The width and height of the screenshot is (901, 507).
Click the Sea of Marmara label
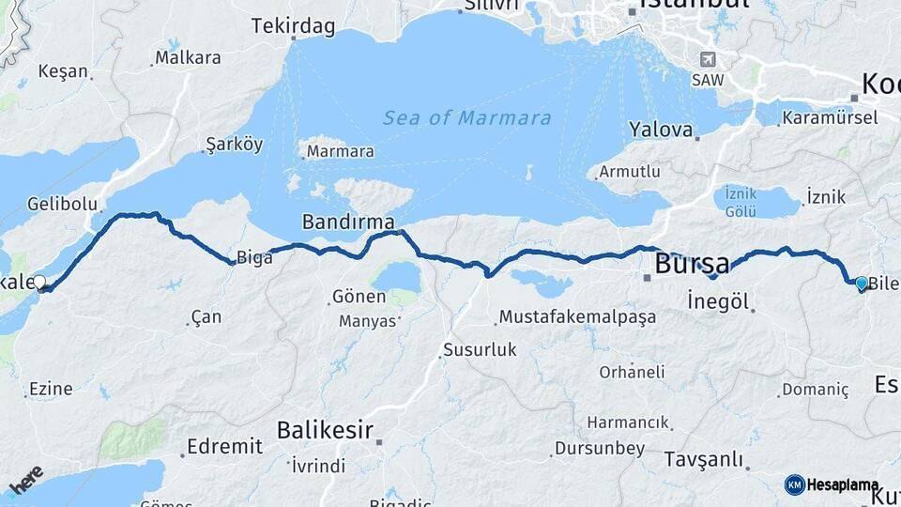coord(466,118)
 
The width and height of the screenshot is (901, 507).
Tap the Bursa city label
coord(692,264)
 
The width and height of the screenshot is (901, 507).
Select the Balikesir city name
coord(325,431)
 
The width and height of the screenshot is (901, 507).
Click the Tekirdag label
coord(293,26)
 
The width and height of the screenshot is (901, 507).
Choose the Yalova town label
coord(661,129)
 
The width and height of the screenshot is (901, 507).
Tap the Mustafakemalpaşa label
coord(577,317)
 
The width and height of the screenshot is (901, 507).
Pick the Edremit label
coord(224,447)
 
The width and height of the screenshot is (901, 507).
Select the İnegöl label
coord(718,302)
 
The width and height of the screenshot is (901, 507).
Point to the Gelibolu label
coord(63,204)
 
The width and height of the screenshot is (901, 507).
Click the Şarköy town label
coord(234,145)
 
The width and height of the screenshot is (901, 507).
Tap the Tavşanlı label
coord(704,459)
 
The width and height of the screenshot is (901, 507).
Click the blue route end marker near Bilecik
coord(862,283)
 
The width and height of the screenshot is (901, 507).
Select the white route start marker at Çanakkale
coord(39,282)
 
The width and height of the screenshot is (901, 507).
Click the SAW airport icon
coord(708,59)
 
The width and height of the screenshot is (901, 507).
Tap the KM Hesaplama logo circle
coord(795,484)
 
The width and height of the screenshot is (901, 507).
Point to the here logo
coord(27,482)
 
